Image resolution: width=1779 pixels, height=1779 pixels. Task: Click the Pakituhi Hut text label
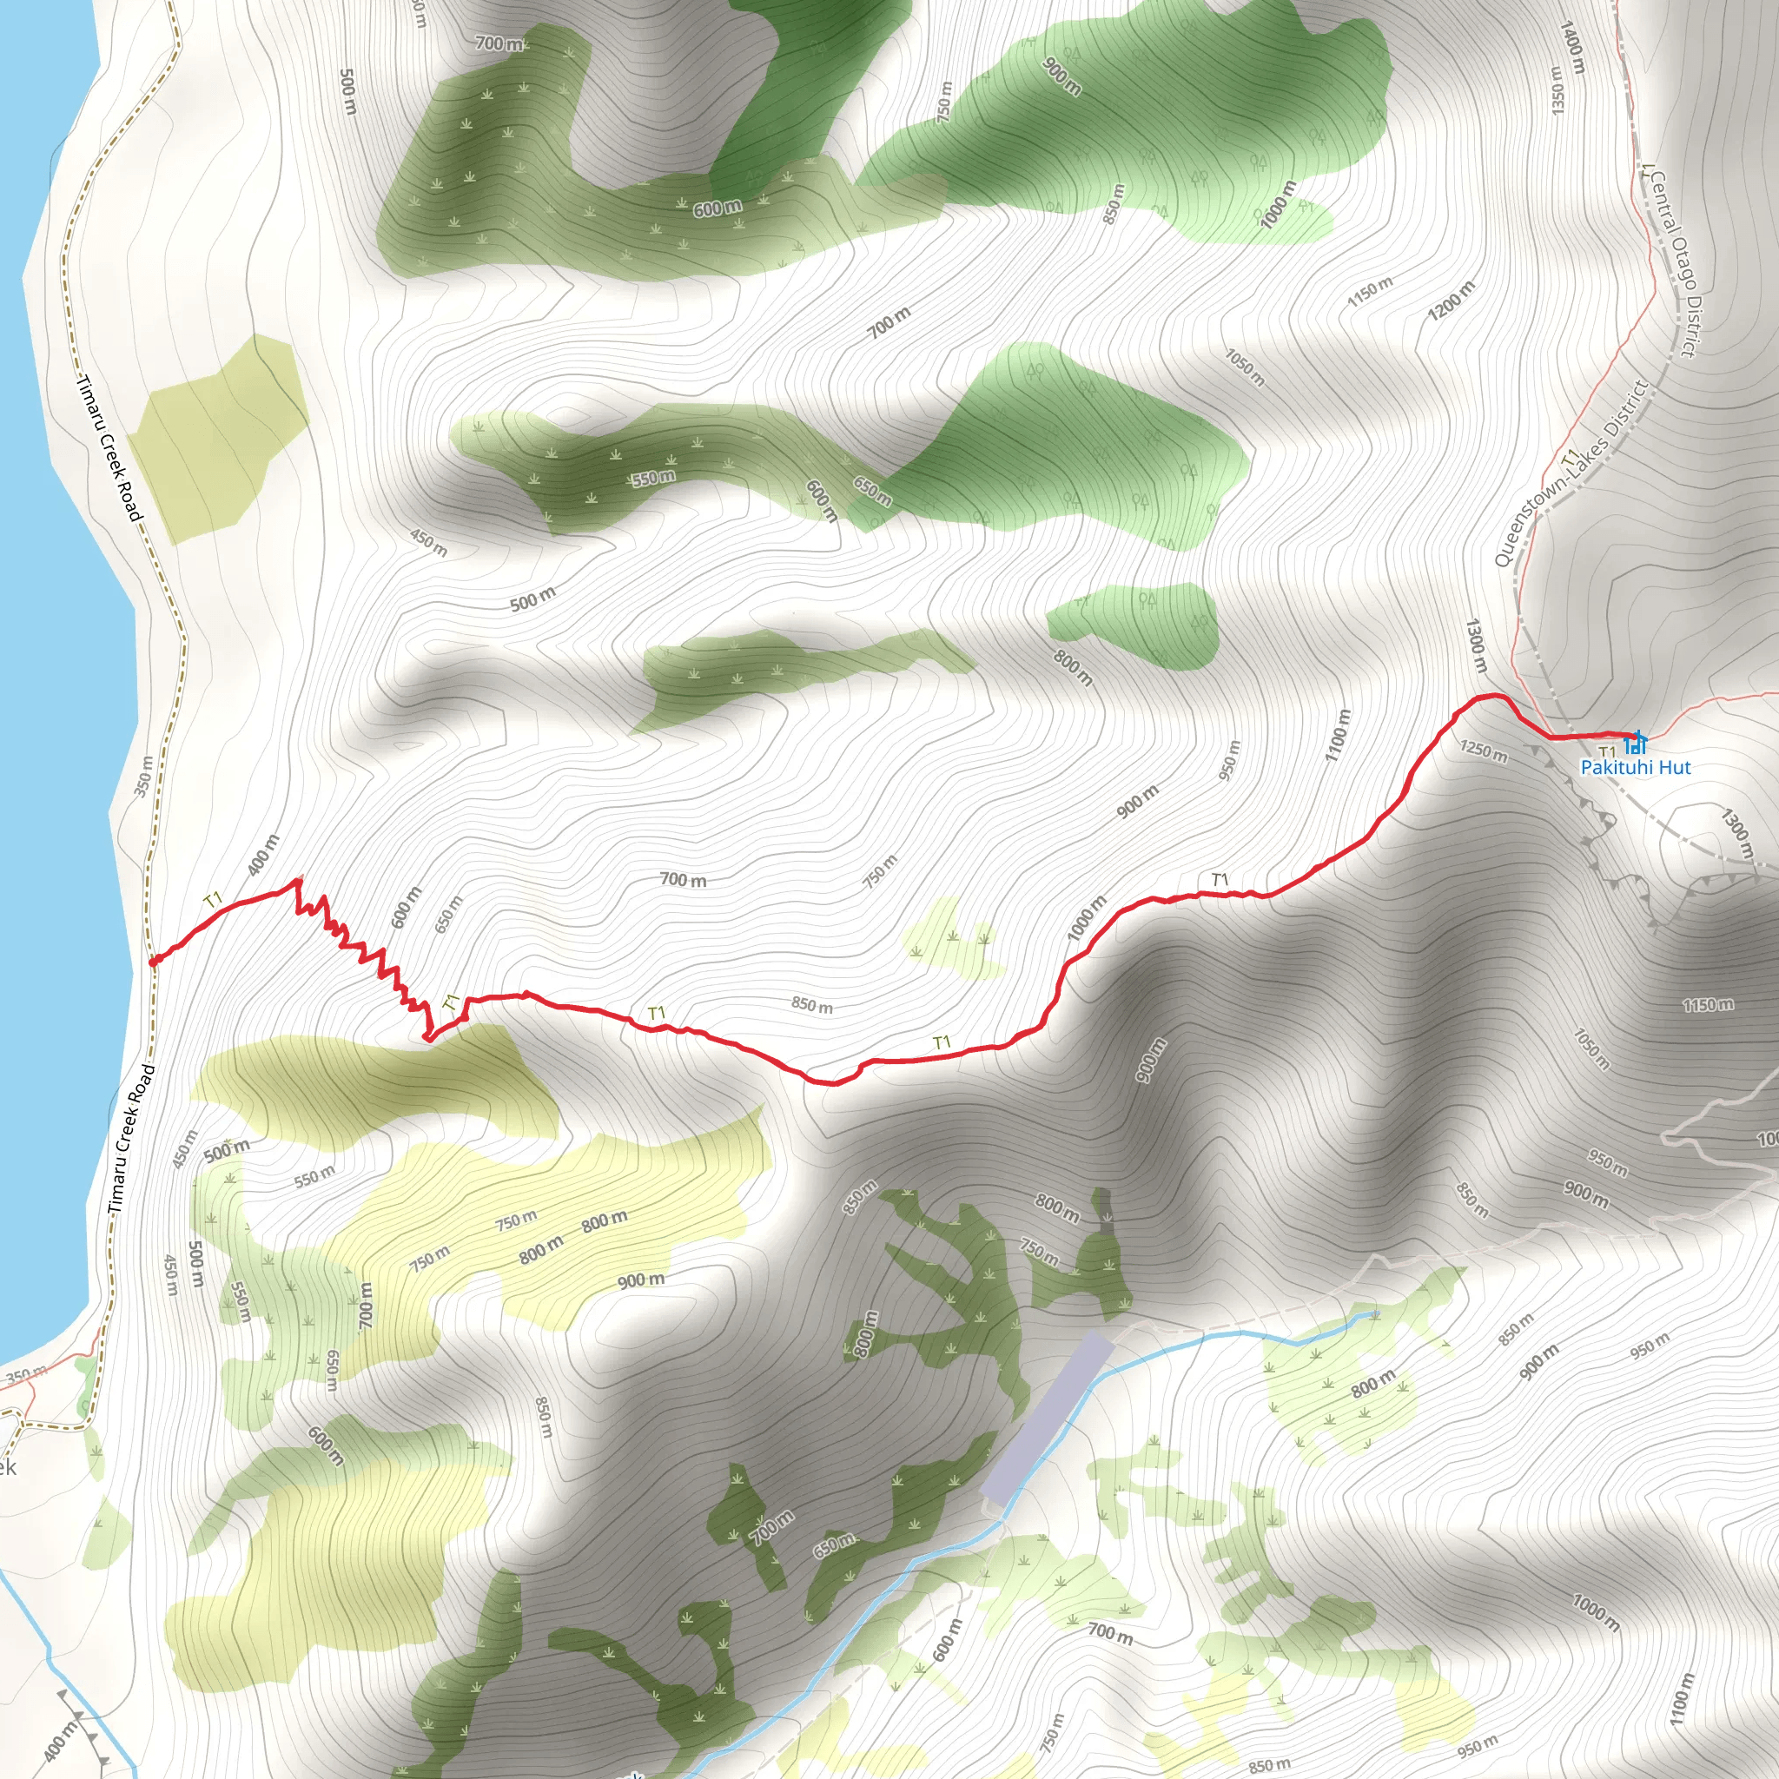tap(1636, 767)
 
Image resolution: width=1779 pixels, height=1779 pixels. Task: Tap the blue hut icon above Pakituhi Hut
tap(1636, 741)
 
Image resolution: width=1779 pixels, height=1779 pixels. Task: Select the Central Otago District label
tap(1673, 261)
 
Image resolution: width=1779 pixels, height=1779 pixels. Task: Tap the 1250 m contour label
tap(1484, 751)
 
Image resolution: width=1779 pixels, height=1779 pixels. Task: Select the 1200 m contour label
tap(1452, 301)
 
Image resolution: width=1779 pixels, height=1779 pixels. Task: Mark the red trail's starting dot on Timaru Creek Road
tap(153, 962)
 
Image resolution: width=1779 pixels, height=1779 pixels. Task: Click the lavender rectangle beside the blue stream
tap(1047, 1419)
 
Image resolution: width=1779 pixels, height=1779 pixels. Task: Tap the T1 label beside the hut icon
tap(1607, 752)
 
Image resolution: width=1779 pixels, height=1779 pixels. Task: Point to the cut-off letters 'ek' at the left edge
tap(7, 1467)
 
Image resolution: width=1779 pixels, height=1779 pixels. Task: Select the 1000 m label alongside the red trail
tap(1087, 917)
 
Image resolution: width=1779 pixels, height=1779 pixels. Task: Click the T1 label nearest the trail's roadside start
tap(214, 899)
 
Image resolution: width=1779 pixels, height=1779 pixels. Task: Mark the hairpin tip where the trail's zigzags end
tap(427, 1038)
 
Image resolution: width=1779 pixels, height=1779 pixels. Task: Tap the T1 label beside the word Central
tap(1648, 172)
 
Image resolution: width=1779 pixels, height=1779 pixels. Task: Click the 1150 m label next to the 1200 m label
tap(1370, 292)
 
